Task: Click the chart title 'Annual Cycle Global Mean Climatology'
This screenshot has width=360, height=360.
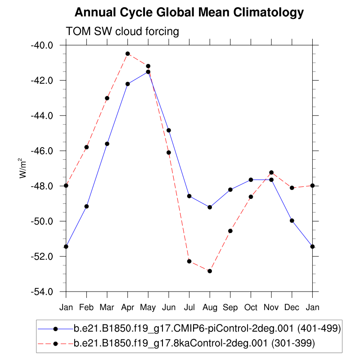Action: coord(189,13)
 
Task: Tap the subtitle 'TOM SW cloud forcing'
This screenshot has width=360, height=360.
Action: coord(122,31)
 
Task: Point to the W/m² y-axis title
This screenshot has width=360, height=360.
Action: coord(22,169)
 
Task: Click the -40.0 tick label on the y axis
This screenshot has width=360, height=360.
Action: coord(42,45)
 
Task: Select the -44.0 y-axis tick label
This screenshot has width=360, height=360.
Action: coord(42,116)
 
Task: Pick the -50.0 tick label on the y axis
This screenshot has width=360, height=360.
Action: coord(42,221)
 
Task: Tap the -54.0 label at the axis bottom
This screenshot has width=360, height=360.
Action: coord(42,292)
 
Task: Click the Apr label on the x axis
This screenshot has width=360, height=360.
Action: coord(128,307)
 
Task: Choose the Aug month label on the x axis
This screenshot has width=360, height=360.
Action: coord(210,307)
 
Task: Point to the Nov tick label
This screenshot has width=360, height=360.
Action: coord(271,307)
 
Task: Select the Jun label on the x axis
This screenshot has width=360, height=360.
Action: coord(169,307)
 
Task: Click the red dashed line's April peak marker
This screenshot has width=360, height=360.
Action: coord(128,54)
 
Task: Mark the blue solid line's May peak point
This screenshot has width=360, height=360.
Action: coord(148,72)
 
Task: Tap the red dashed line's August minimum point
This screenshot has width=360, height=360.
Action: coord(210,271)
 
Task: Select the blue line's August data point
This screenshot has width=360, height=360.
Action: coord(210,207)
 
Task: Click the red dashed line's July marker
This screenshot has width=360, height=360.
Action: coord(189,261)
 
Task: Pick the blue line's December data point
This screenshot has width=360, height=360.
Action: coord(292,220)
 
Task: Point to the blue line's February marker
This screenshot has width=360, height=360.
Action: coord(87,206)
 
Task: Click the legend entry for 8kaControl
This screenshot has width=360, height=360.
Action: coord(193,343)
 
